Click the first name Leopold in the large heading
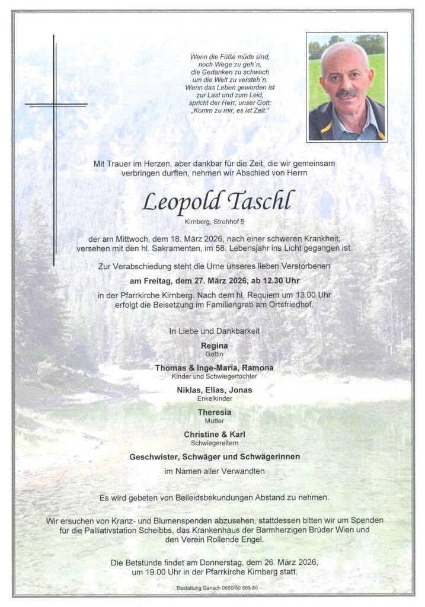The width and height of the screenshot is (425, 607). click(178, 203)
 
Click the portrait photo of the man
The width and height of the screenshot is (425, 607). click(346, 87)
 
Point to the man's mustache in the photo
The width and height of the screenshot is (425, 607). click(347, 94)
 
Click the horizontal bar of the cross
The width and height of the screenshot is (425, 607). click(56, 105)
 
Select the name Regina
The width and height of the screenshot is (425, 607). click(214, 346)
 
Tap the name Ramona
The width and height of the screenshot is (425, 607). click(255, 368)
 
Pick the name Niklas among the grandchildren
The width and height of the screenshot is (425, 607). click(191, 389)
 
